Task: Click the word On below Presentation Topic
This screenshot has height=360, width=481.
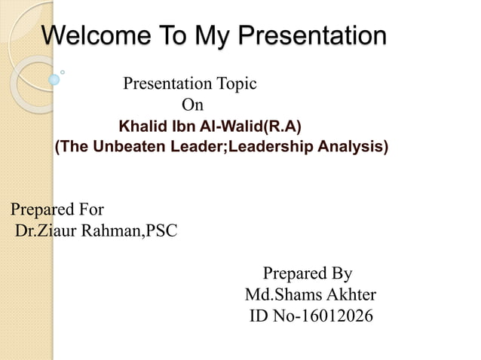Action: (192, 105)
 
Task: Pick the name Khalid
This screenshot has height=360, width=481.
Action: (142, 125)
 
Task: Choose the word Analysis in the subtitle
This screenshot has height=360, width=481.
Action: (351, 146)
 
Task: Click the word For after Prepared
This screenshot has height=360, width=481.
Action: (88, 209)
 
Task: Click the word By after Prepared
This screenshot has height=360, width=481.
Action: (341, 273)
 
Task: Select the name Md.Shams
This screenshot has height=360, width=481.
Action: (280, 294)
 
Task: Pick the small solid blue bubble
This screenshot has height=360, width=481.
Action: (54, 79)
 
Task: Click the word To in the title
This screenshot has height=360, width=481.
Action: (170, 35)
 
